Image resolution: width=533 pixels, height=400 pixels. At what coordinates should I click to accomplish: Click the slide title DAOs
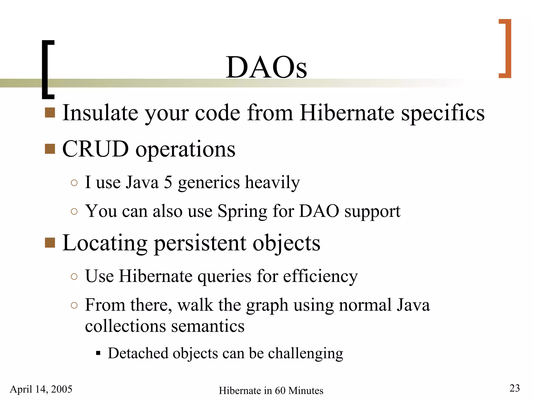click(x=266, y=67)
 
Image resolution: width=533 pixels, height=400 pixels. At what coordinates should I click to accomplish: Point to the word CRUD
click(x=96, y=149)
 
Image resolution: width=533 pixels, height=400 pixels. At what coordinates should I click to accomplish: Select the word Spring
click(x=242, y=211)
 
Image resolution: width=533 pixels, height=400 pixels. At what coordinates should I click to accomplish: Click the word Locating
click(x=105, y=243)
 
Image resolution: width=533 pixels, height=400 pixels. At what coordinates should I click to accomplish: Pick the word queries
click(x=224, y=276)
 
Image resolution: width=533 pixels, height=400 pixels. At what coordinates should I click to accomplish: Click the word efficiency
click(x=320, y=276)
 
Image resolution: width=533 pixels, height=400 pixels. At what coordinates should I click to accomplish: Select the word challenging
click(x=306, y=354)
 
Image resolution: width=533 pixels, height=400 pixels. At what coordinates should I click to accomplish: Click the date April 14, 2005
click(x=41, y=389)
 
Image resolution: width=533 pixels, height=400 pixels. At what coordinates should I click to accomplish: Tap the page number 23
click(x=515, y=388)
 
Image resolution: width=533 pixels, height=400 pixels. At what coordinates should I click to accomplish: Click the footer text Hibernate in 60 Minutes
click(x=271, y=391)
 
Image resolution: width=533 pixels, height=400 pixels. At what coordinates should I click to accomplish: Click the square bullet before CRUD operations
click(x=50, y=149)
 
